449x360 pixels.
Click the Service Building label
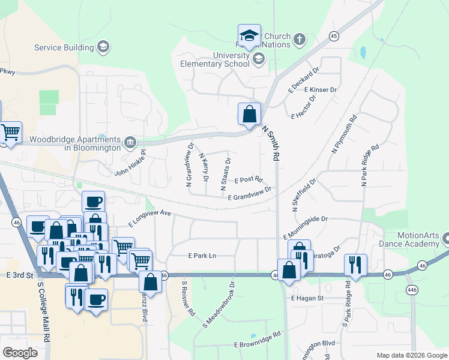tap(64, 47)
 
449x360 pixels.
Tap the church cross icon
tap(299, 40)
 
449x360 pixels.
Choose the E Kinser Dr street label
tap(321, 90)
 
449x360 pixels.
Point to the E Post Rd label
tap(249, 179)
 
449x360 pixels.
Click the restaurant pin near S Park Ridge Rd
tap(355, 265)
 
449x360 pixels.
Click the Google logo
tap(20, 352)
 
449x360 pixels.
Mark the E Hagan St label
tap(307, 298)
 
